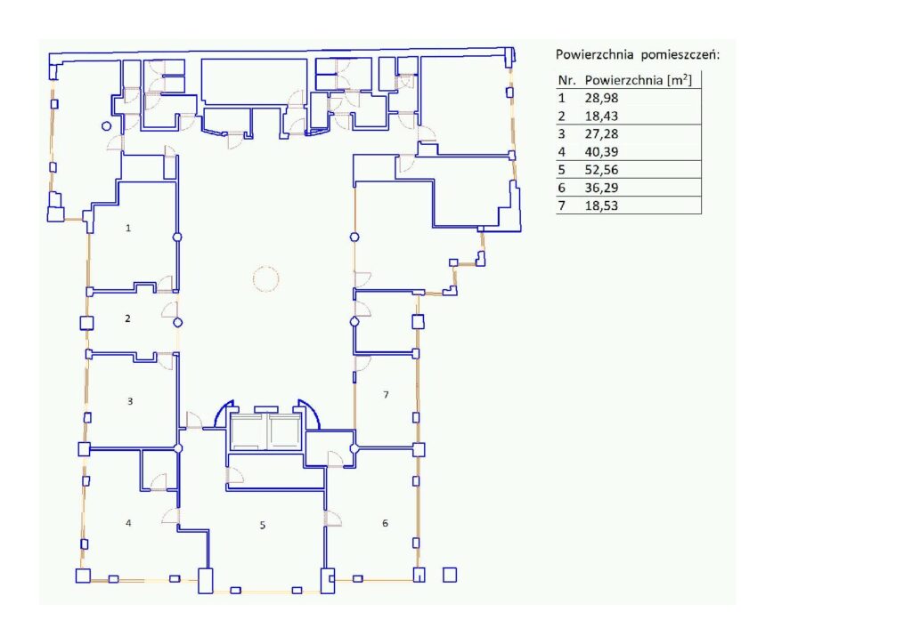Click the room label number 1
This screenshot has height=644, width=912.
coord(128,229)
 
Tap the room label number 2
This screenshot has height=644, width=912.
coord(128,318)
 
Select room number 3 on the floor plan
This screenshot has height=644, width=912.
coord(130,401)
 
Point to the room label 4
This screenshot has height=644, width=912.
coord(128,523)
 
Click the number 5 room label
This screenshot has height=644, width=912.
coord(263,525)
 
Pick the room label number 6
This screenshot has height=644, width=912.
coord(385,523)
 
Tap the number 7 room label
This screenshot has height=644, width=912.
coord(386,395)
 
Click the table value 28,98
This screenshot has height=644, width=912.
coord(601,98)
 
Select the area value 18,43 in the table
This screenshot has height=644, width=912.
coord(601,117)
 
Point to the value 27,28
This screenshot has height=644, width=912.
coord(601,134)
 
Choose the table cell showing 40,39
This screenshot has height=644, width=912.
coord(601,152)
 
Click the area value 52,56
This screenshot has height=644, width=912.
coord(601,170)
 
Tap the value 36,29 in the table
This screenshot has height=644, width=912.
coord(601,189)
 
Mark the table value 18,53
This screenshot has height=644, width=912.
coord(601,205)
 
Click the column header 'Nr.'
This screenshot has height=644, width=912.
coord(566,80)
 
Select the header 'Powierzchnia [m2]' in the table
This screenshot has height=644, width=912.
coord(639,80)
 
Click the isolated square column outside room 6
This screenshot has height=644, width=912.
coord(450,575)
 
